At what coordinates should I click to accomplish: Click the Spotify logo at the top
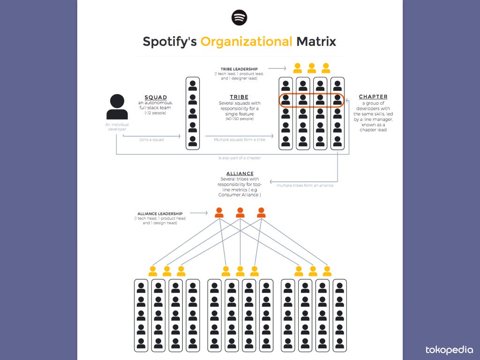pos(240,18)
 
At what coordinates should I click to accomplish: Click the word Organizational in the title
pos(246,41)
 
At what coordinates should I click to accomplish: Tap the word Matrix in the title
pos(316,41)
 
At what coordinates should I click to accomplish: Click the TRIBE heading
pos(239,97)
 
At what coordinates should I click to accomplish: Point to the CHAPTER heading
pos(373,97)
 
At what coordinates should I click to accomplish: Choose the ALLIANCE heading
pos(240,173)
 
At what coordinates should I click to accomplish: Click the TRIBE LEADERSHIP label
pos(239,69)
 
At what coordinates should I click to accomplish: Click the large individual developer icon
pos(117,107)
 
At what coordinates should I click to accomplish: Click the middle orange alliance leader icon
pos(240,213)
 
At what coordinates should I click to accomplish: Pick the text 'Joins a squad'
pos(152,140)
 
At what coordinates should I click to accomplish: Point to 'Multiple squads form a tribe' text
pos(240,140)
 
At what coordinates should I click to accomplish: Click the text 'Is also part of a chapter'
pos(240,158)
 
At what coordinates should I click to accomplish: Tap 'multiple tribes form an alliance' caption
pos(305,185)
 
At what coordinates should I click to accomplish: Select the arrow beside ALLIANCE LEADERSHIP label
pos(199,213)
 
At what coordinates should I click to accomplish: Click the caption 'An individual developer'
pos(117,127)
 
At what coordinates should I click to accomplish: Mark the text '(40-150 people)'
pos(239,119)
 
